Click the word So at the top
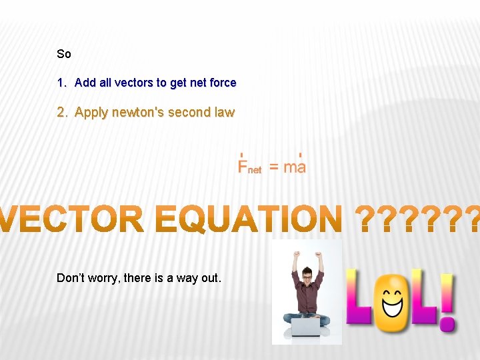click(x=64, y=54)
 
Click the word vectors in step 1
click(x=133, y=83)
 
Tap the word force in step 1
click(x=223, y=83)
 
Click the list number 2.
click(x=61, y=112)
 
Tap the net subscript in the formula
click(x=255, y=170)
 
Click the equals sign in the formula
click(x=274, y=167)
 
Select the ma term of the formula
click(x=295, y=166)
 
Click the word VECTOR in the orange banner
click(x=73, y=219)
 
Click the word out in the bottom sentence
click(x=210, y=278)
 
